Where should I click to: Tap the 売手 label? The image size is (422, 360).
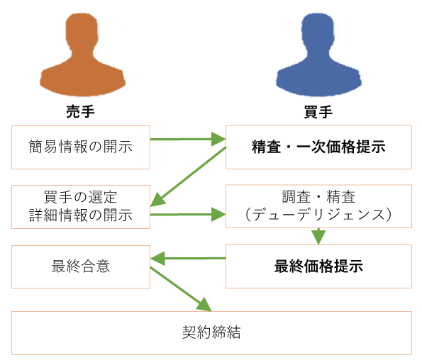80,111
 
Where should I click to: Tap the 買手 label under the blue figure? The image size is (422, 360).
318,112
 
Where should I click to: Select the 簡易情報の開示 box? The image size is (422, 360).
81,147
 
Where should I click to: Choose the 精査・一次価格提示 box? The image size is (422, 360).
318,147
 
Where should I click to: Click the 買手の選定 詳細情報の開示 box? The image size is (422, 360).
81,207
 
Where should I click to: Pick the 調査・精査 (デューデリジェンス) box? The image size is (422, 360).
318,206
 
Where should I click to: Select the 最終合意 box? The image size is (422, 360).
81,266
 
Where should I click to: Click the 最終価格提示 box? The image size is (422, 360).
318,266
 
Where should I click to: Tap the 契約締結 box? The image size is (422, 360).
211,333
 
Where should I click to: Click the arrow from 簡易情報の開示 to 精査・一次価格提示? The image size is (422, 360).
188,140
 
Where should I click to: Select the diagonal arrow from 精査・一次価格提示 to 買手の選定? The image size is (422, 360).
188,177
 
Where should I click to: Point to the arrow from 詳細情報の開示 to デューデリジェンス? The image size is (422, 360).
188,215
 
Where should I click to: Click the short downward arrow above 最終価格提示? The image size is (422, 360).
318,236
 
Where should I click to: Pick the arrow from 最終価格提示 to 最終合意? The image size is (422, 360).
188,259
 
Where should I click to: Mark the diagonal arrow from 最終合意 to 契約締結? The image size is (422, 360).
181,289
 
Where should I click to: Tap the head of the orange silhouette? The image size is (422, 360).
82,31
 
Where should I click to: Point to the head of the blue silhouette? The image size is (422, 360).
318,31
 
